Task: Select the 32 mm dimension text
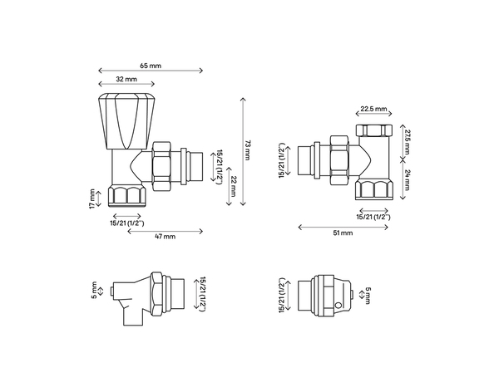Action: [126, 80]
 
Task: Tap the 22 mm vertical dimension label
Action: [235, 186]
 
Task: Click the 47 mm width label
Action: [166, 237]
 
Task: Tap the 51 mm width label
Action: [343, 233]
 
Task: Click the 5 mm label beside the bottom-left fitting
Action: [95, 291]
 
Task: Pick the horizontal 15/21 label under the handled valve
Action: [127, 222]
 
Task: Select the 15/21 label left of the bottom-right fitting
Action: [283, 295]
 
